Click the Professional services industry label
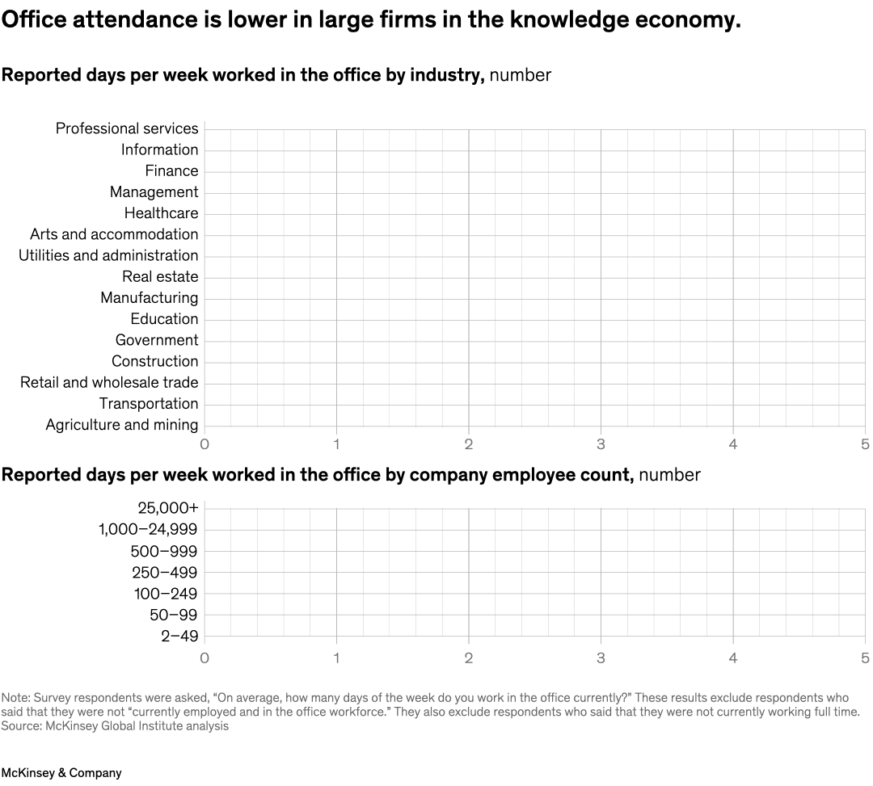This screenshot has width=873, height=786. pyautogui.click(x=127, y=128)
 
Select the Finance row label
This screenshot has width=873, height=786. pyautogui.click(x=171, y=170)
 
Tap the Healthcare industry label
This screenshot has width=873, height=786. pyautogui.click(x=161, y=213)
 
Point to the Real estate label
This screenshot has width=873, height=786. pyautogui.click(x=160, y=276)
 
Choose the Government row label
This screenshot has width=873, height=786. pyautogui.click(x=157, y=340)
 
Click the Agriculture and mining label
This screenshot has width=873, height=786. pyautogui.click(x=122, y=425)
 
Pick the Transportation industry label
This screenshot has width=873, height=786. pyautogui.click(x=149, y=404)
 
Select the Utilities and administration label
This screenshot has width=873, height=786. pyautogui.click(x=108, y=255)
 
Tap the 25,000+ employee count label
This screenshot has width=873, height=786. pyautogui.click(x=168, y=508)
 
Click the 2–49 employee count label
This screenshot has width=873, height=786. pyautogui.click(x=179, y=636)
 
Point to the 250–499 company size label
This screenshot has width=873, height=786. pyautogui.click(x=165, y=573)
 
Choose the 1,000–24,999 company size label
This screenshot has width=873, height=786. pyautogui.click(x=148, y=530)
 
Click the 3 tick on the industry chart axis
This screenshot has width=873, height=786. pyautogui.click(x=601, y=443)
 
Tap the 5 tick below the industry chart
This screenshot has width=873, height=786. pyautogui.click(x=865, y=443)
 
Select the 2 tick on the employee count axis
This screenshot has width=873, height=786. pyautogui.click(x=469, y=658)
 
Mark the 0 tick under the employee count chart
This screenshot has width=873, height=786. pyautogui.click(x=205, y=658)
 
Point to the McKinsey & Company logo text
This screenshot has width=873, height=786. pyautogui.click(x=61, y=773)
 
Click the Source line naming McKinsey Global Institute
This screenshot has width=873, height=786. pyautogui.click(x=115, y=725)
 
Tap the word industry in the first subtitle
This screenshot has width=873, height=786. pyautogui.click(x=445, y=75)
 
